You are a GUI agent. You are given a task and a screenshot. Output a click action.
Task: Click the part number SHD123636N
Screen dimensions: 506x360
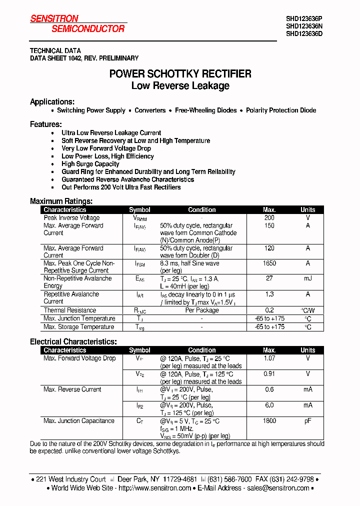coord(304,26)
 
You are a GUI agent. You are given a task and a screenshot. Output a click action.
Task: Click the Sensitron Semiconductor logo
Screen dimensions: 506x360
coord(77,24)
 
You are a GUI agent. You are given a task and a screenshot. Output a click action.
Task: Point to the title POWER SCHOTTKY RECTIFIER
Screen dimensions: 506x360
coord(180,74)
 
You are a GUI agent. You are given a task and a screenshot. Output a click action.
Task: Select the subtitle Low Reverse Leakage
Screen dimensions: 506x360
coord(180,86)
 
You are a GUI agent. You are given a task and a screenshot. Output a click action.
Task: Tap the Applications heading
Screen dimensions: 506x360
coord(52,102)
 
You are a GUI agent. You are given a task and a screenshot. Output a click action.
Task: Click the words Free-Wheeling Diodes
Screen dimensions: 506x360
coord(205,110)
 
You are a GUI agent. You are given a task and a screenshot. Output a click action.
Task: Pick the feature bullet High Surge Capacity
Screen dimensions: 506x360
coord(90,164)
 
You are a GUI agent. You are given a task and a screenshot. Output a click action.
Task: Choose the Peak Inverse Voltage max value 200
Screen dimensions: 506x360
coord(269,218)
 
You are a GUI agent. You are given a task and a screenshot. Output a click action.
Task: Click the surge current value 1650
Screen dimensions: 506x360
coord(269,263)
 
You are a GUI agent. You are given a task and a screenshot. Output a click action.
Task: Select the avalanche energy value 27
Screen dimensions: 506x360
coord(269,278)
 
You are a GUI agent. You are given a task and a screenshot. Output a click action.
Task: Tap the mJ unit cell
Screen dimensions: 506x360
coord(307,278)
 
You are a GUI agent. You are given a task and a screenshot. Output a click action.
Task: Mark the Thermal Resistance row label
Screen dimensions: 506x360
coord(69,310)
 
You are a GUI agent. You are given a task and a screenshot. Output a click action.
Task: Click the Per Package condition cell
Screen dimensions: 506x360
coord(202,310)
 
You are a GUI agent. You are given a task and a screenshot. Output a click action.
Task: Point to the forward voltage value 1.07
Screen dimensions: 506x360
coord(269,358)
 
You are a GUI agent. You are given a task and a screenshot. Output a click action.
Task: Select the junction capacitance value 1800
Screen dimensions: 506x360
coord(269,421)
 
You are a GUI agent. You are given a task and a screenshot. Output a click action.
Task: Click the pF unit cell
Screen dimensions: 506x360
coord(307,421)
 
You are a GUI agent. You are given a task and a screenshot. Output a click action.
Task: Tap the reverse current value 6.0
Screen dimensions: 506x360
coord(269,405)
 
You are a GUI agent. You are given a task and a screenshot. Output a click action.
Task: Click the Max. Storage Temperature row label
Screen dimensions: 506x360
coord(79,327)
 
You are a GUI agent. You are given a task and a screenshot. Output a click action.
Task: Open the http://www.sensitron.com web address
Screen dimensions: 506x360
coord(154,488)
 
